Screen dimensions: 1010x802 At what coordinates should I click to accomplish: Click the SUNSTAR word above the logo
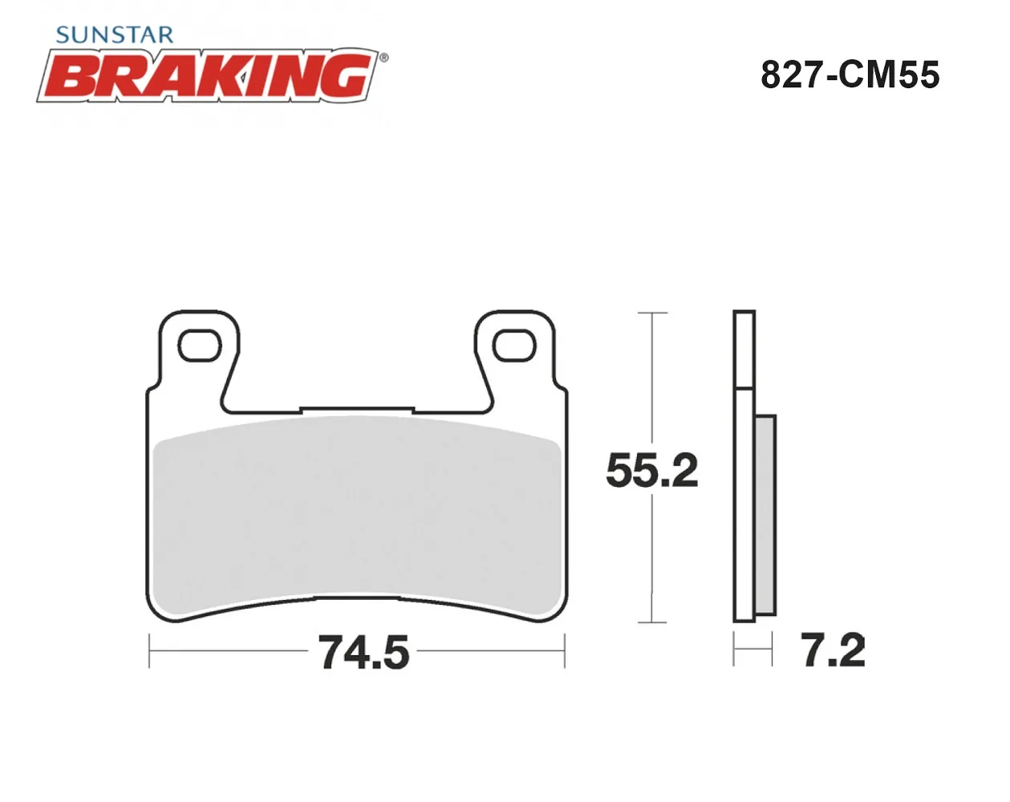click(115, 35)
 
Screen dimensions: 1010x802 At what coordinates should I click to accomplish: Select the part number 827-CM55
click(850, 75)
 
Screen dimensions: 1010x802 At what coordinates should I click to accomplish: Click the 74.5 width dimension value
click(363, 652)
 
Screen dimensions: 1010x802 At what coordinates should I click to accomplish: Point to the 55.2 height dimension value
click(652, 470)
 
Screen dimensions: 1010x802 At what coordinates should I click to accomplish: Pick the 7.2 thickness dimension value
click(833, 650)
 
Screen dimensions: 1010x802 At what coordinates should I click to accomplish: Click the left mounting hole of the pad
click(200, 346)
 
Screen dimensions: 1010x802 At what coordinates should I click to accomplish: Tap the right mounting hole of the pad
click(514, 346)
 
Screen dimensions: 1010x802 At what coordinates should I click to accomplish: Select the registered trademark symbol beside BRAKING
click(384, 58)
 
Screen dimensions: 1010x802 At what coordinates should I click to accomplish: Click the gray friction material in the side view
click(765, 515)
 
